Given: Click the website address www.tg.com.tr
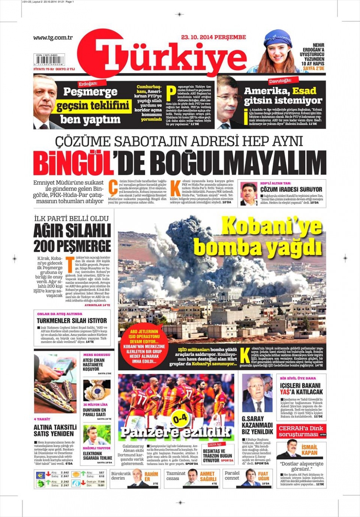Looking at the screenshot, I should (53, 37).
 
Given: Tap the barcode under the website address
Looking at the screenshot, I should (49, 60).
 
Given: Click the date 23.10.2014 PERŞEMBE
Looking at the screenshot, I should (213, 37).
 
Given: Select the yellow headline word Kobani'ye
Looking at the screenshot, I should (271, 226).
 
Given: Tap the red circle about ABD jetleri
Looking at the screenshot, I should (144, 346).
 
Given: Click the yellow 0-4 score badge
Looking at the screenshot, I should (180, 418).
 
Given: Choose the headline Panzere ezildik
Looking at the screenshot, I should (175, 432).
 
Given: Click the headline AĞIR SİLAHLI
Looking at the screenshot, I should (72, 231).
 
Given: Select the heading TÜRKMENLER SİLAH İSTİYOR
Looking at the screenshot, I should (72, 321).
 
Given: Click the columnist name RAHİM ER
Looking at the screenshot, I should (151, 477).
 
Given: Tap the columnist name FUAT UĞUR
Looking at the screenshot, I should (263, 476).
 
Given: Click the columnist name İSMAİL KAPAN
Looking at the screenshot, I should (309, 450).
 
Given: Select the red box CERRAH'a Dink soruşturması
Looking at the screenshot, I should (302, 431).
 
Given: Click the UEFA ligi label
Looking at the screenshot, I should (214, 444).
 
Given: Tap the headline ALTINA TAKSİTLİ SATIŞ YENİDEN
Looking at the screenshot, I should (55, 430).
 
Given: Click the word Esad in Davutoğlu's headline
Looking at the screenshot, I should (304, 91).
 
